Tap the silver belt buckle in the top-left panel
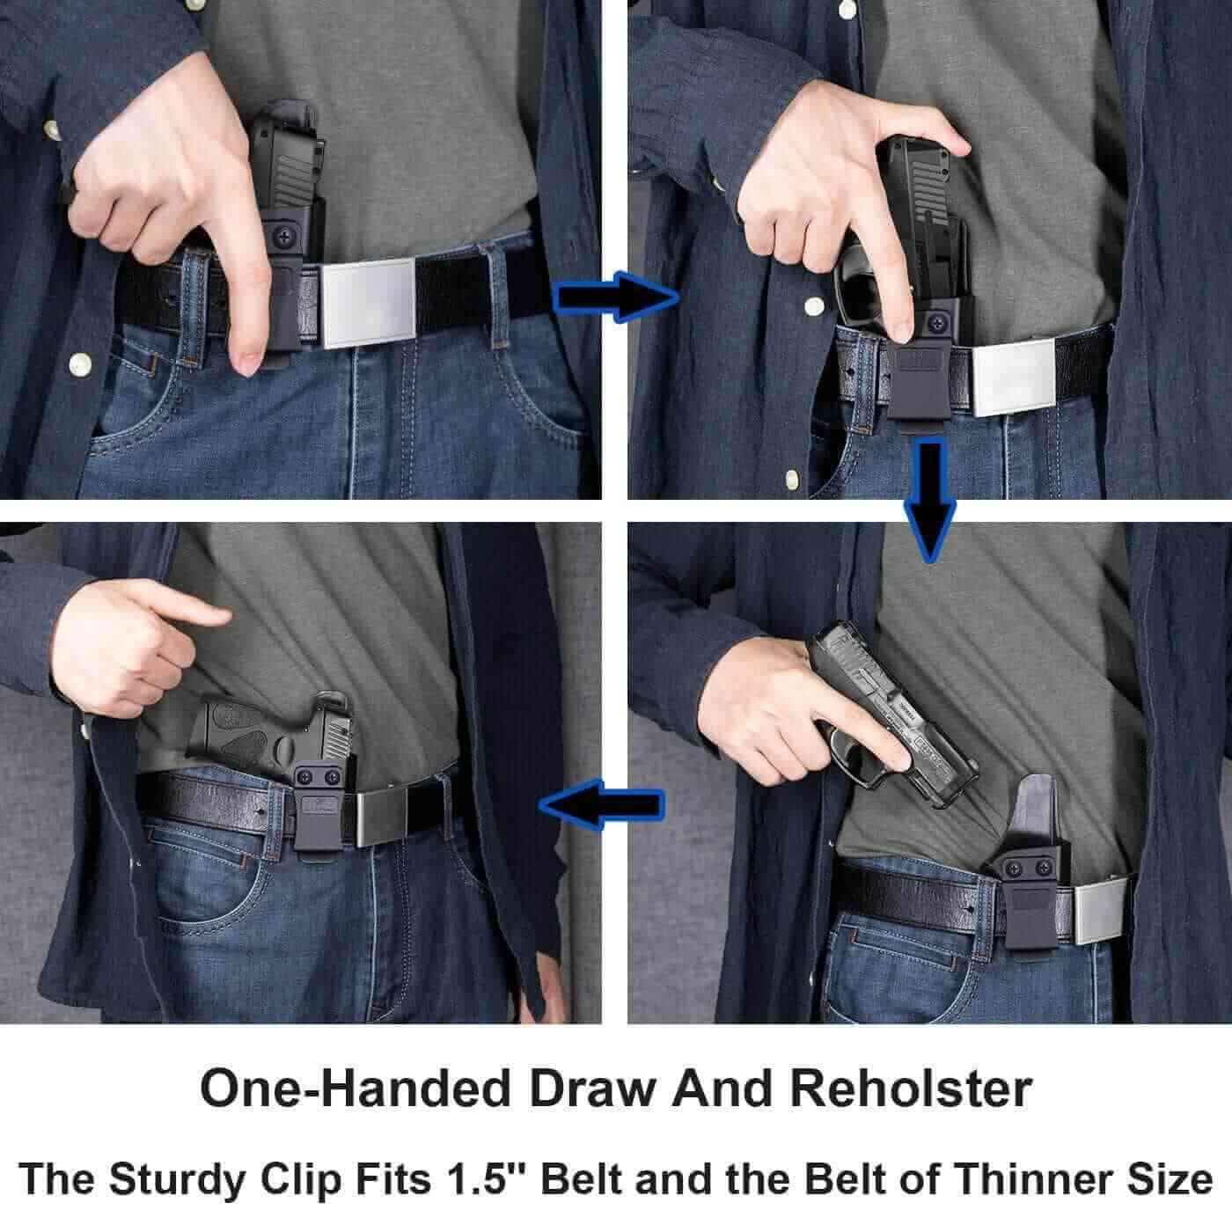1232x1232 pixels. [365, 301]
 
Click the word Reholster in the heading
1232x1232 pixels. [910, 1089]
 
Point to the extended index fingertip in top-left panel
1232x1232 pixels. [246, 357]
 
